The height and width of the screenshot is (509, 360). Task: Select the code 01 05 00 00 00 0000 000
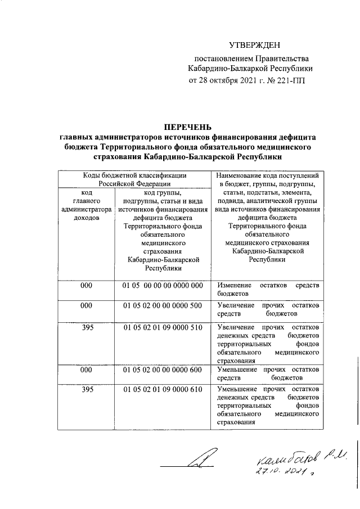point(163,286)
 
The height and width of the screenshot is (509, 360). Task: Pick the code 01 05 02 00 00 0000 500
point(163,305)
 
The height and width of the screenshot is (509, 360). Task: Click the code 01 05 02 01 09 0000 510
point(163,327)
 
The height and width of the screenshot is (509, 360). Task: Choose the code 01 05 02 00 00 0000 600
point(163,369)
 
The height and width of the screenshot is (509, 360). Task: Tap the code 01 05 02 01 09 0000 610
point(163,389)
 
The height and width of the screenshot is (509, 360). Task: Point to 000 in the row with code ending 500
point(86,305)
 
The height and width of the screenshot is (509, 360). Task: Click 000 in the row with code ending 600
point(86,369)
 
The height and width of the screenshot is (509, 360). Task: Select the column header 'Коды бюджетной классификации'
point(135,175)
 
